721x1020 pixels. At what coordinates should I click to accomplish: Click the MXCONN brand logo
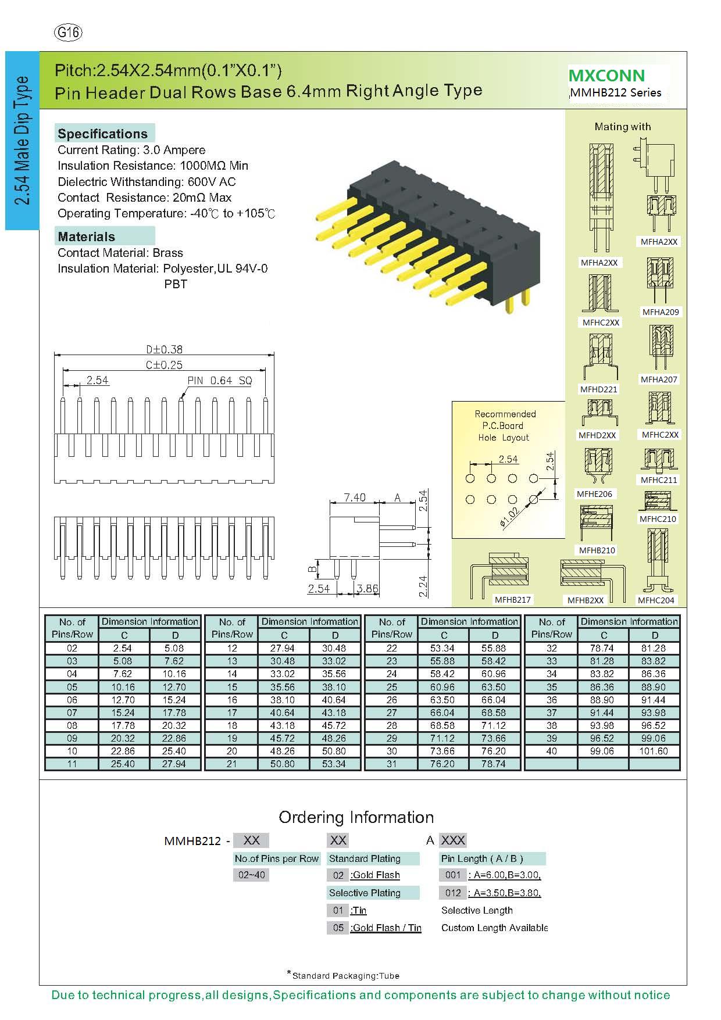point(606,76)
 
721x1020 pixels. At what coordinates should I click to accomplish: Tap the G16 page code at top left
point(68,33)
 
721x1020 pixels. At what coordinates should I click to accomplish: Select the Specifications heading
point(102,134)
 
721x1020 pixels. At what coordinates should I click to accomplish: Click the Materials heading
point(87,237)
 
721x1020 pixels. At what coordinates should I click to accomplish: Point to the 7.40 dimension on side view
point(354,497)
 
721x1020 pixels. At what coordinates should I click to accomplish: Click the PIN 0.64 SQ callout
point(220,381)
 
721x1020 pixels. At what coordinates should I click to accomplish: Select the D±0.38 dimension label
point(164,349)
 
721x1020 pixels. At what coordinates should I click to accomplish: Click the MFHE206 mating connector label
point(594,494)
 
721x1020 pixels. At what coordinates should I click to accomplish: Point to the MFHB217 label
point(513,600)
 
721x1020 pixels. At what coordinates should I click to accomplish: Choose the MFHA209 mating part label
point(661,312)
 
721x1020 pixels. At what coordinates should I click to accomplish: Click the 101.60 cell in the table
point(655,751)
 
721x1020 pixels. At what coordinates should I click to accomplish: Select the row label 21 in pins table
point(232,764)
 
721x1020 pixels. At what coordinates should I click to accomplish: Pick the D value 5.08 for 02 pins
point(174,648)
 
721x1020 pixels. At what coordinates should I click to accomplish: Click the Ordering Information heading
point(356,817)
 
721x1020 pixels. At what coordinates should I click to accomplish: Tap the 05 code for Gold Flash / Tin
point(338,928)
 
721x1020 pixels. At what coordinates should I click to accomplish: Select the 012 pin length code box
point(452,893)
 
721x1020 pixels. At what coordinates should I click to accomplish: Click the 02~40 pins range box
point(251,875)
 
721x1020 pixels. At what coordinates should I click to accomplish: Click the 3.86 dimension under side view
point(367,588)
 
